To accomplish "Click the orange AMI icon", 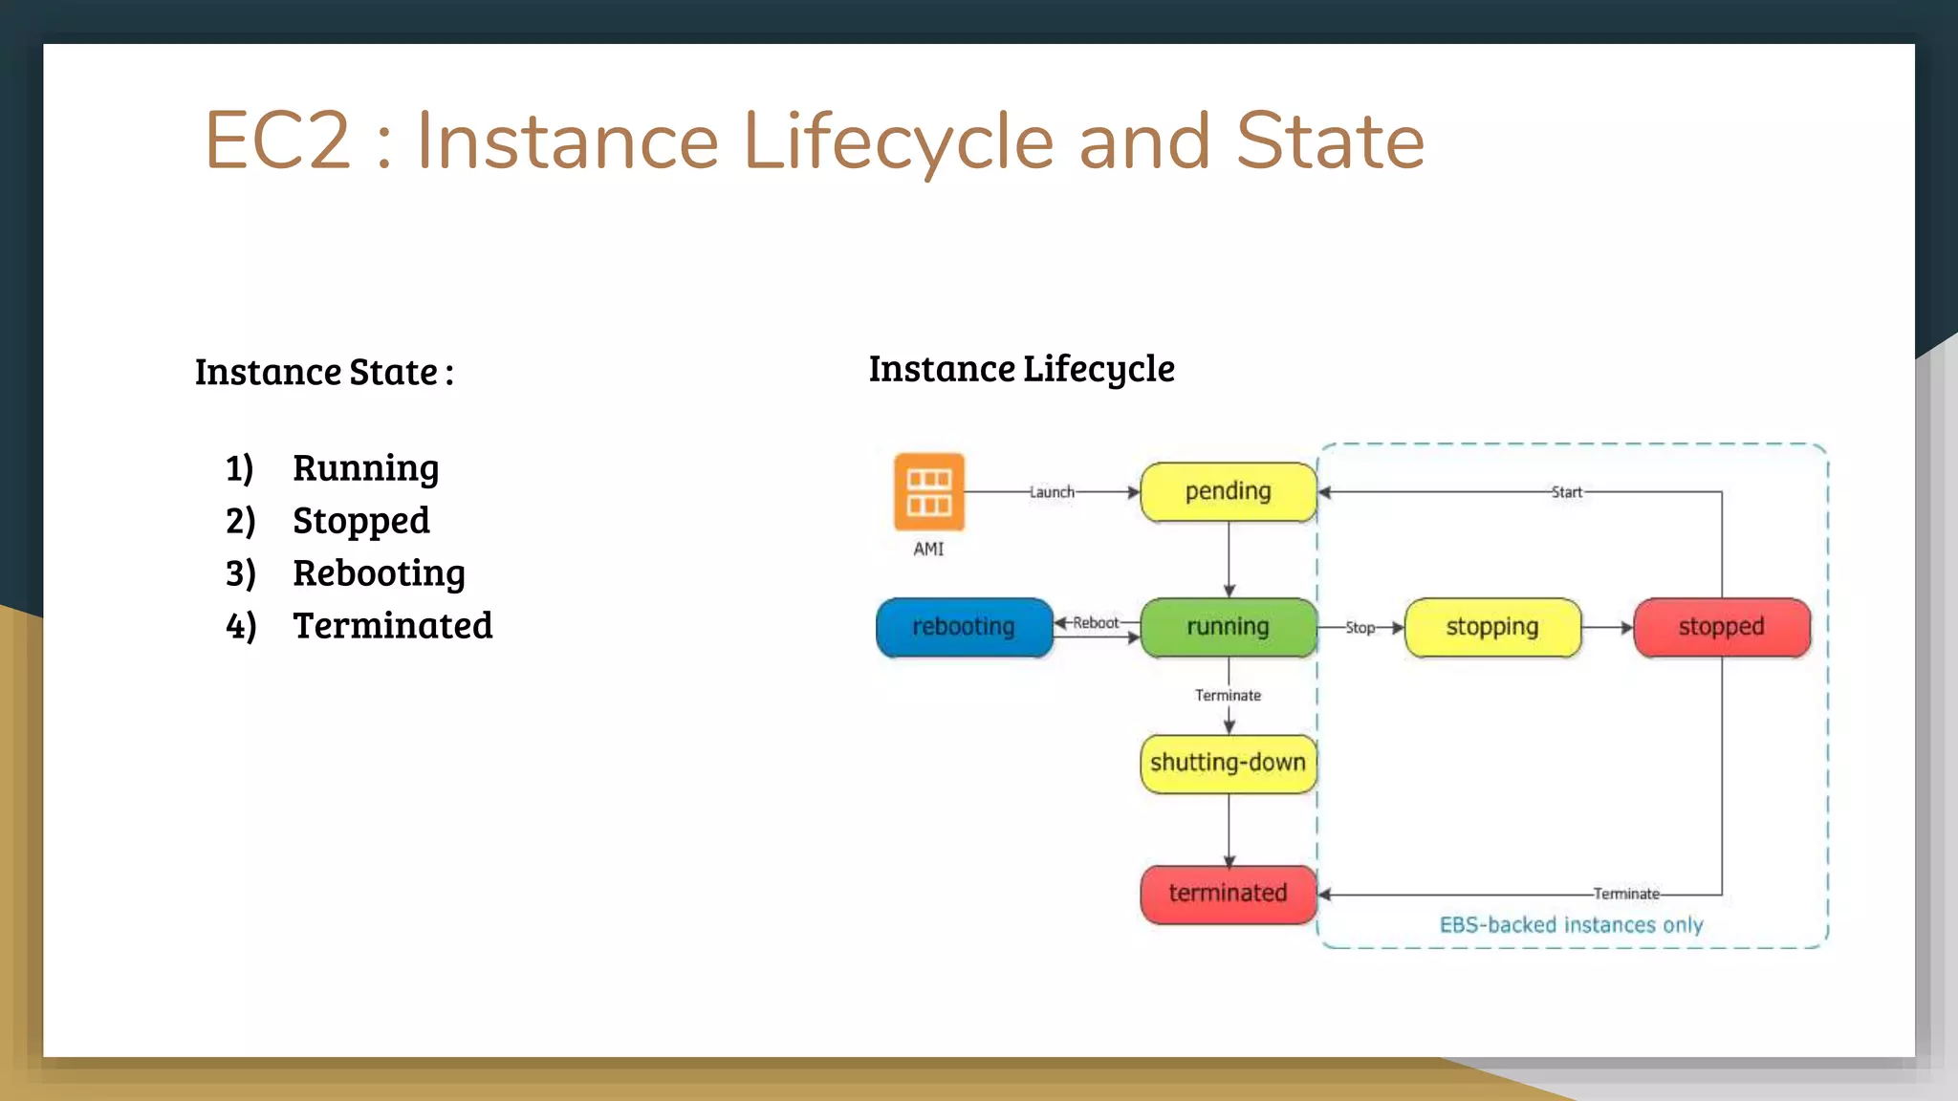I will point(928,491).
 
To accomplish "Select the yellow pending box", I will point(1229,491).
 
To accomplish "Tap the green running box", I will point(1229,627).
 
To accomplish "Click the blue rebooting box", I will point(964,627).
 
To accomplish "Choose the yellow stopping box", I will point(1492,627).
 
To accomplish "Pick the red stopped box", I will point(1722,627).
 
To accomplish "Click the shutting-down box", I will point(1229,763).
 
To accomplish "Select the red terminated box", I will point(1229,894).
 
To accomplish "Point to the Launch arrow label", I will point(1052,492).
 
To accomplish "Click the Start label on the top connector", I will point(1566,492).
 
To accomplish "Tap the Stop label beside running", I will point(1360,628).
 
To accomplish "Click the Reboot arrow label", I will point(1096,623).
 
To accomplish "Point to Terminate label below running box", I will point(1228,696).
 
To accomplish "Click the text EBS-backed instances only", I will point(1571,925).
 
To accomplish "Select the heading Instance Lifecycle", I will point(1021,369).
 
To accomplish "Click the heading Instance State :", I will point(324,372).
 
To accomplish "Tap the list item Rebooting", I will point(379,573).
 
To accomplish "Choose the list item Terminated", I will point(392,626).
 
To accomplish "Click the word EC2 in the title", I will point(278,141).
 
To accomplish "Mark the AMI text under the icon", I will point(928,550).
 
